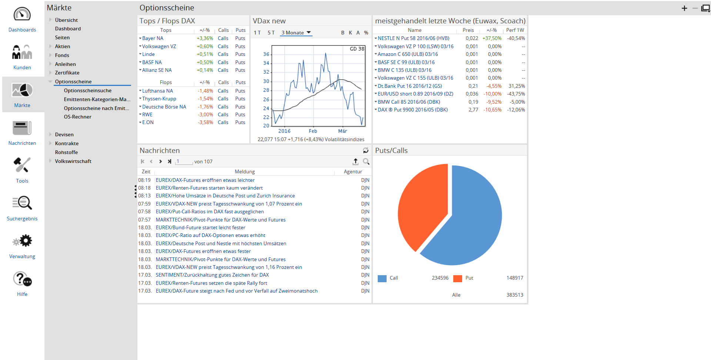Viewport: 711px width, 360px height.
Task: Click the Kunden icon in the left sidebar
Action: tap(22, 52)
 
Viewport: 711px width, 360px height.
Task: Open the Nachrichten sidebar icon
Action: tap(22, 128)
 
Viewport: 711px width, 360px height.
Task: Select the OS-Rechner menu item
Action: tap(77, 117)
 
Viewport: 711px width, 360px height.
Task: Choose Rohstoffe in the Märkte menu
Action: tap(66, 152)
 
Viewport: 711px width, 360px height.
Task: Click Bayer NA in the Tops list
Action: tap(153, 38)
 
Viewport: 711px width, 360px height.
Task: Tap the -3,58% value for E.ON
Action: tap(205, 122)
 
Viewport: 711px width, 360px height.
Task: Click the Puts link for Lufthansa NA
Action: tap(240, 91)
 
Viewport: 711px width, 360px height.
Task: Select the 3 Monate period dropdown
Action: tap(296, 33)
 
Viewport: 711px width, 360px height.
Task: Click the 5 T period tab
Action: tap(271, 33)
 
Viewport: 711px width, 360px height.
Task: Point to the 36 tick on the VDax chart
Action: tap(266, 54)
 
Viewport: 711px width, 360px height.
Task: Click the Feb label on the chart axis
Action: tap(313, 131)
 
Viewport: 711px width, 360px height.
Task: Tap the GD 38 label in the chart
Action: tap(357, 49)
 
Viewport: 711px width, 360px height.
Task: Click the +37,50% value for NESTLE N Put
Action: tap(492, 38)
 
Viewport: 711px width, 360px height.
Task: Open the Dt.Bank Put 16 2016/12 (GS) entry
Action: tap(410, 86)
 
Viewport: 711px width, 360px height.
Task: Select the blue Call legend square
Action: tap(382, 279)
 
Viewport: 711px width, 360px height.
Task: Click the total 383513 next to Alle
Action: tap(515, 295)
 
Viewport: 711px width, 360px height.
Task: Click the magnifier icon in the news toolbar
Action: tap(366, 161)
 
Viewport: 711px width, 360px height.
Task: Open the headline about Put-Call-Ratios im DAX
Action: tap(210, 211)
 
